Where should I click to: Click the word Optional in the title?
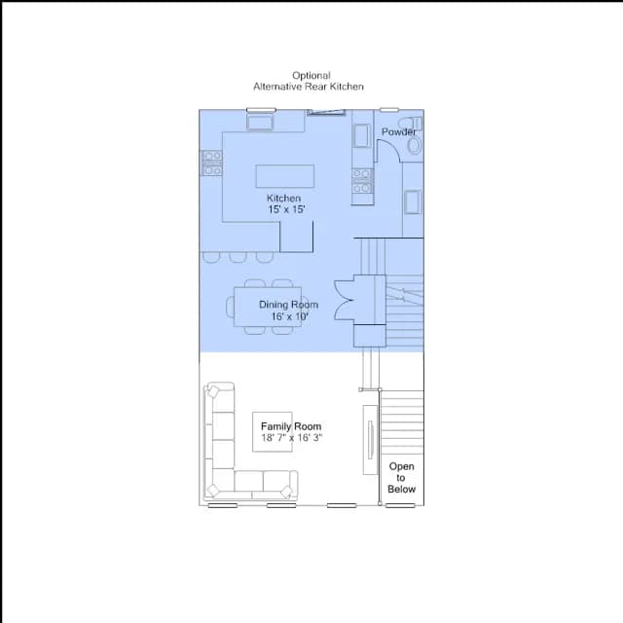coord(311,76)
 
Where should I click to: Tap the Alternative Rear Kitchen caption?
coord(309,87)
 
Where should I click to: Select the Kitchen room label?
coord(283,198)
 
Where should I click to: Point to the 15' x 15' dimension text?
coord(286,209)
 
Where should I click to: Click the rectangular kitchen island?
coord(285,176)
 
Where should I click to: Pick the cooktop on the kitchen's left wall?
coord(212,163)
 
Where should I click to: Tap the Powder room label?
coord(398,132)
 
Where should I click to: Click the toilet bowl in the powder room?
coord(415,146)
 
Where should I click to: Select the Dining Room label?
coord(288,305)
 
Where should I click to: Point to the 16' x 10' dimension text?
coord(290,316)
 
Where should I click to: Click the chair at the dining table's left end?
coord(230,307)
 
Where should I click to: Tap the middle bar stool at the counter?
coord(238,257)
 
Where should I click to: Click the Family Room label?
coord(291,426)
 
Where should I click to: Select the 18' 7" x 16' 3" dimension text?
coord(292,438)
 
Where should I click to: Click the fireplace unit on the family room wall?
coord(370,440)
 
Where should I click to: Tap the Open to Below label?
coord(401,478)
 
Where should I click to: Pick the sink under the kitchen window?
coord(260,122)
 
